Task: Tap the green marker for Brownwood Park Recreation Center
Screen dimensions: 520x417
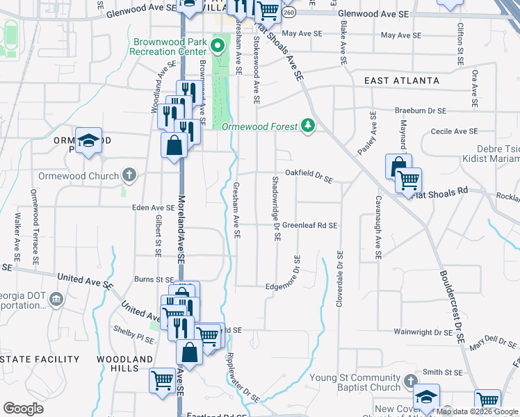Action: pos(217,47)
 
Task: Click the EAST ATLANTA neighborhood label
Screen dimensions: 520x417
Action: pos(403,81)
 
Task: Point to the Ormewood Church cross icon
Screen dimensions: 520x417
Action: pos(129,175)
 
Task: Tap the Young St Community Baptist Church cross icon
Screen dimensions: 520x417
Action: pos(410,381)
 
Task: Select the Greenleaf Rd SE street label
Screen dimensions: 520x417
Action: pos(309,225)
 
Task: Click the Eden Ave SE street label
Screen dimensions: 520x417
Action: pos(154,207)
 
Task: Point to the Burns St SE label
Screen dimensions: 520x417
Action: pos(154,279)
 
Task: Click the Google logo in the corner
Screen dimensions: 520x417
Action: pos(23,409)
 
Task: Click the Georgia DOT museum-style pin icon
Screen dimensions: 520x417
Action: pos(56,300)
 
